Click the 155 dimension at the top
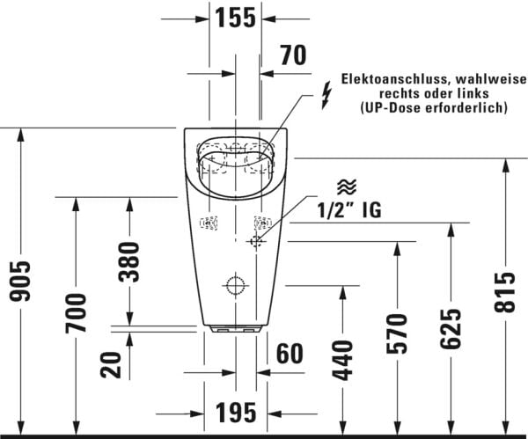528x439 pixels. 235,16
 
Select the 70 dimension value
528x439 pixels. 292,56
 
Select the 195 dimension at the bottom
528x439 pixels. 235,411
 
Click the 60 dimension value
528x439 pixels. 290,354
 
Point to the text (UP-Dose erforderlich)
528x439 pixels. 435,107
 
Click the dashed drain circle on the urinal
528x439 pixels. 235,285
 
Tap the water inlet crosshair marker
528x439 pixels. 256,241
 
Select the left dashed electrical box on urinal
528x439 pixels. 209,224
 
